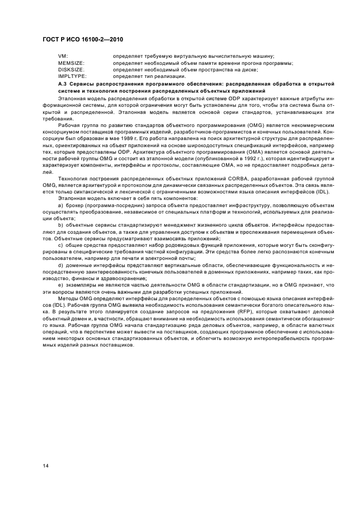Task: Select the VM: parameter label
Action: click(63, 57)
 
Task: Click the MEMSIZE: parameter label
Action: click(70, 63)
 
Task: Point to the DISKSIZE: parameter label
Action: click(71, 70)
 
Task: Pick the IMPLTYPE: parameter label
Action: click(72, 76)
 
